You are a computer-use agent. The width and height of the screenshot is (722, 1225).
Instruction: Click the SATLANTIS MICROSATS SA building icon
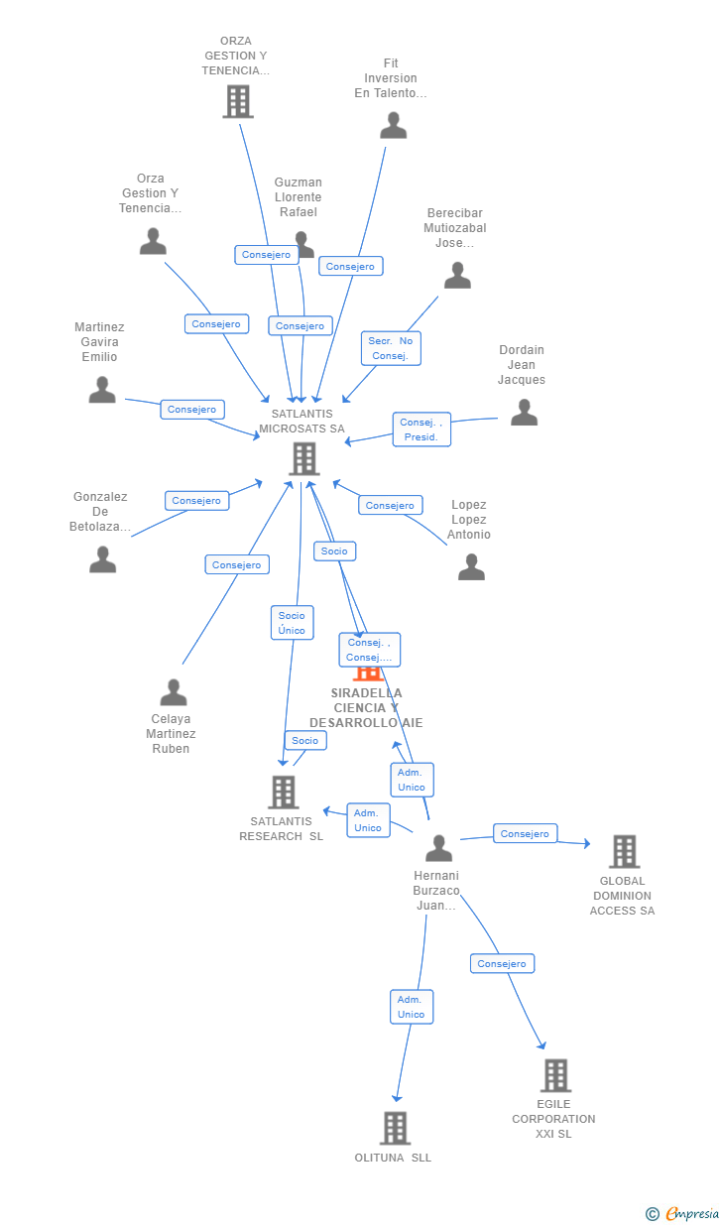(x=303, y=458)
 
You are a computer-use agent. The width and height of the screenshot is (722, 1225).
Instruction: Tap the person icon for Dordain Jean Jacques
(x=524, y=413)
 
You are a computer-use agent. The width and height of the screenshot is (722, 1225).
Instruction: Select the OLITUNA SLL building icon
(x=395, y=1128)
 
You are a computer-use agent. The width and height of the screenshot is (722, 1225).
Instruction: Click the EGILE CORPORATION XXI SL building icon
(x=555, y=1075)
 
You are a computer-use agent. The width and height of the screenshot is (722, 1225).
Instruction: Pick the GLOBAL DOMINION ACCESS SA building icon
(x=624, y=851)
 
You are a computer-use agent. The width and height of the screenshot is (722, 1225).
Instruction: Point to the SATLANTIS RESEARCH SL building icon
(x=284, y=792)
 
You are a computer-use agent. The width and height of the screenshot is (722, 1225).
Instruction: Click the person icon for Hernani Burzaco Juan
(x=438, y=848)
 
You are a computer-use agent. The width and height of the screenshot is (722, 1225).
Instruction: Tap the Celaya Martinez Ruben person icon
(x=174, y=692)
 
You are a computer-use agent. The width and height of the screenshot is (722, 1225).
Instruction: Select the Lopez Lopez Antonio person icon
(x=471, y=566)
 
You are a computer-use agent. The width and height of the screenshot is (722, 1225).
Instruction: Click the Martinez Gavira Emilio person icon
(x=102, y=390)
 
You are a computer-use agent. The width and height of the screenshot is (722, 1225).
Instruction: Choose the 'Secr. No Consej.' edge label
(x=390, y=348)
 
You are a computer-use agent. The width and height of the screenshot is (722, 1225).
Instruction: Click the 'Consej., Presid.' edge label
(x=421, y=429)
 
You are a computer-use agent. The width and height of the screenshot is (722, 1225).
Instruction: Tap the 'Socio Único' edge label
(x=292, y=623)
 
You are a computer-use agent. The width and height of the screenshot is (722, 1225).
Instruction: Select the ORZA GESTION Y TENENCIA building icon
(x=238, y=101)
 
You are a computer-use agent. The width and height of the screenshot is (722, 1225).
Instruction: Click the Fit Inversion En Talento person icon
(x=394, y=125)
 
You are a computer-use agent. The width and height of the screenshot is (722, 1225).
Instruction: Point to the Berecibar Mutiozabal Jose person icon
(x=457, y=276)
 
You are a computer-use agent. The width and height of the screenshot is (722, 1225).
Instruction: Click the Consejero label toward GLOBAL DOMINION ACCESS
(x=525, y=834)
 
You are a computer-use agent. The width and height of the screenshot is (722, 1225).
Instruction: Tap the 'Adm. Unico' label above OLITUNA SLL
(x=411, y=1007)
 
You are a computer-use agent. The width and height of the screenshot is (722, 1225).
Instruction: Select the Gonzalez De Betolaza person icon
(x=103, y=559)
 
